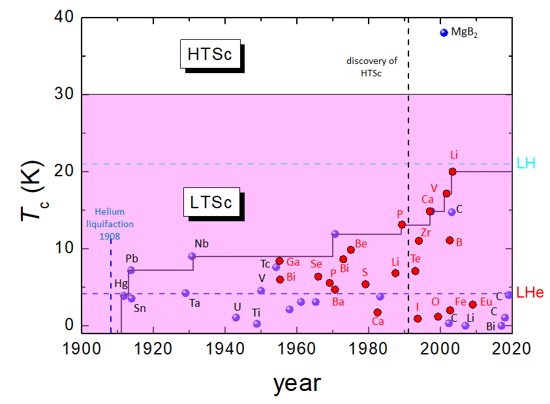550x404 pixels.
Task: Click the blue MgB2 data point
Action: tap(444, 33)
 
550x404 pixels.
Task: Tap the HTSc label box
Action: tap(209, 55)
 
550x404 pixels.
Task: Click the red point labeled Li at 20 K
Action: tap(452, 172)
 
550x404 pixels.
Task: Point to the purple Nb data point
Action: tap(192, 256)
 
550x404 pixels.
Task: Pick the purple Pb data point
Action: tap(130, 270)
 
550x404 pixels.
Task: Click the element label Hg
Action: tap(121, 284)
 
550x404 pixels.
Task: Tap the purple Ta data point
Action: tap(185, 293)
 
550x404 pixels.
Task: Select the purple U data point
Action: tap(236, 318)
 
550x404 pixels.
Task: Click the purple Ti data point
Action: tap(256, 324)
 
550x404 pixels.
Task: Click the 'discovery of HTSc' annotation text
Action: tap(371, 67)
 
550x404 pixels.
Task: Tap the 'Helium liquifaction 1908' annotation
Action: tap(109, 224)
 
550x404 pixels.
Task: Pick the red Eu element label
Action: tap(486, 302)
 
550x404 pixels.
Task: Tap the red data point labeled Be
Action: tap(350, 250)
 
